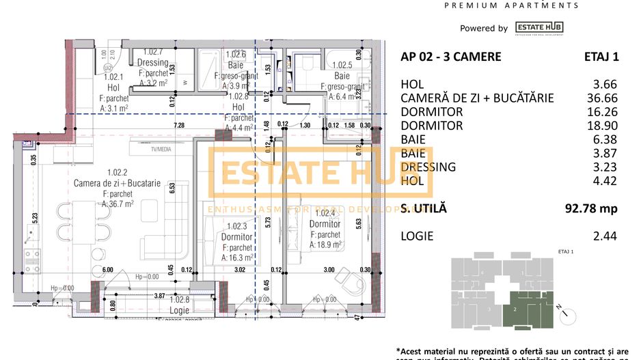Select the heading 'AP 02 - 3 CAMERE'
click(450, 57)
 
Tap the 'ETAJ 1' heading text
click(601, 57)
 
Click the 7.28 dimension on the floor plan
click(179, 126)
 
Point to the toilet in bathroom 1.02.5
click(306, 63)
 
